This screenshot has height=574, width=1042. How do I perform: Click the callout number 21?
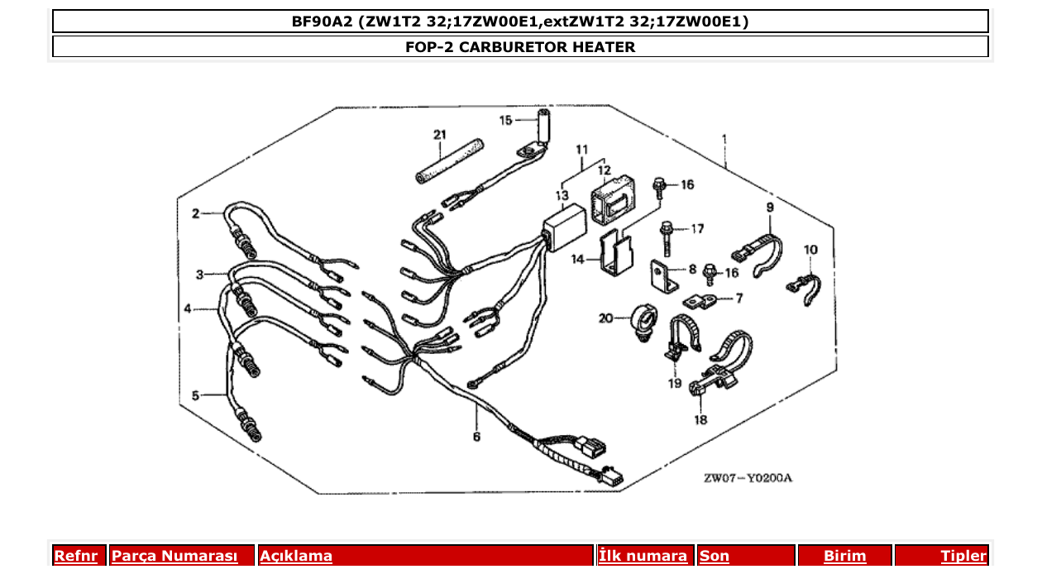pos(439,134)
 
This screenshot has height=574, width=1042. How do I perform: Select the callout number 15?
pos(507,120)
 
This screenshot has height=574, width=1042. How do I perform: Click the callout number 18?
pos(701,419)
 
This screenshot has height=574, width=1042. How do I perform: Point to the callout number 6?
pos(476,436)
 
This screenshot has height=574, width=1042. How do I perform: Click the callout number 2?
pos(196,213)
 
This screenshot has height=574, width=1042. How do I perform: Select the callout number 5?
pos(196,395)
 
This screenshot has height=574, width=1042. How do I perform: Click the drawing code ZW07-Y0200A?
pos(748,478)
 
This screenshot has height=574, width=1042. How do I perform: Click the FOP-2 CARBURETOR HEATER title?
pos(520,47)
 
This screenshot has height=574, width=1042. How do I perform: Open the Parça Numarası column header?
pos(174,557)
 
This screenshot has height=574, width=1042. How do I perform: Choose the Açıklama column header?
pos(296,557)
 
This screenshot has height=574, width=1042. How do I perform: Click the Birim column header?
pos(844,557)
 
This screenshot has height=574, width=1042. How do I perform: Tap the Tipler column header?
pos(963,557)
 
